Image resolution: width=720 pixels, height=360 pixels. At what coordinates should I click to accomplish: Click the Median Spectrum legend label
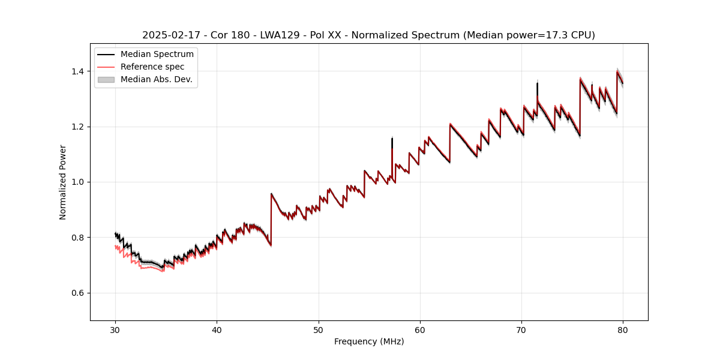point(157,55)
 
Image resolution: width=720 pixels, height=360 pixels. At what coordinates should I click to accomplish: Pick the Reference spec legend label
point(152,67)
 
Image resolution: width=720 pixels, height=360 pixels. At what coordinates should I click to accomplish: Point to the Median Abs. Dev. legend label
point(156,79)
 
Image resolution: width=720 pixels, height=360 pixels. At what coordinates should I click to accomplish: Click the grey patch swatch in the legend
point(106,79)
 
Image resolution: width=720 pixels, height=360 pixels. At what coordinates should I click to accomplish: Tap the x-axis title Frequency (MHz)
point(369,341)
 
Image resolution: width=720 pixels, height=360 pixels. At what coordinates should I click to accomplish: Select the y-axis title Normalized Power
point(63,182)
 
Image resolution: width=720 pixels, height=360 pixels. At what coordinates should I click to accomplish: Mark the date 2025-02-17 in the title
point(170,35)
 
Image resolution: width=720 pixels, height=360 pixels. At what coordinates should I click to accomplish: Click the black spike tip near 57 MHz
point(392,139)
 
